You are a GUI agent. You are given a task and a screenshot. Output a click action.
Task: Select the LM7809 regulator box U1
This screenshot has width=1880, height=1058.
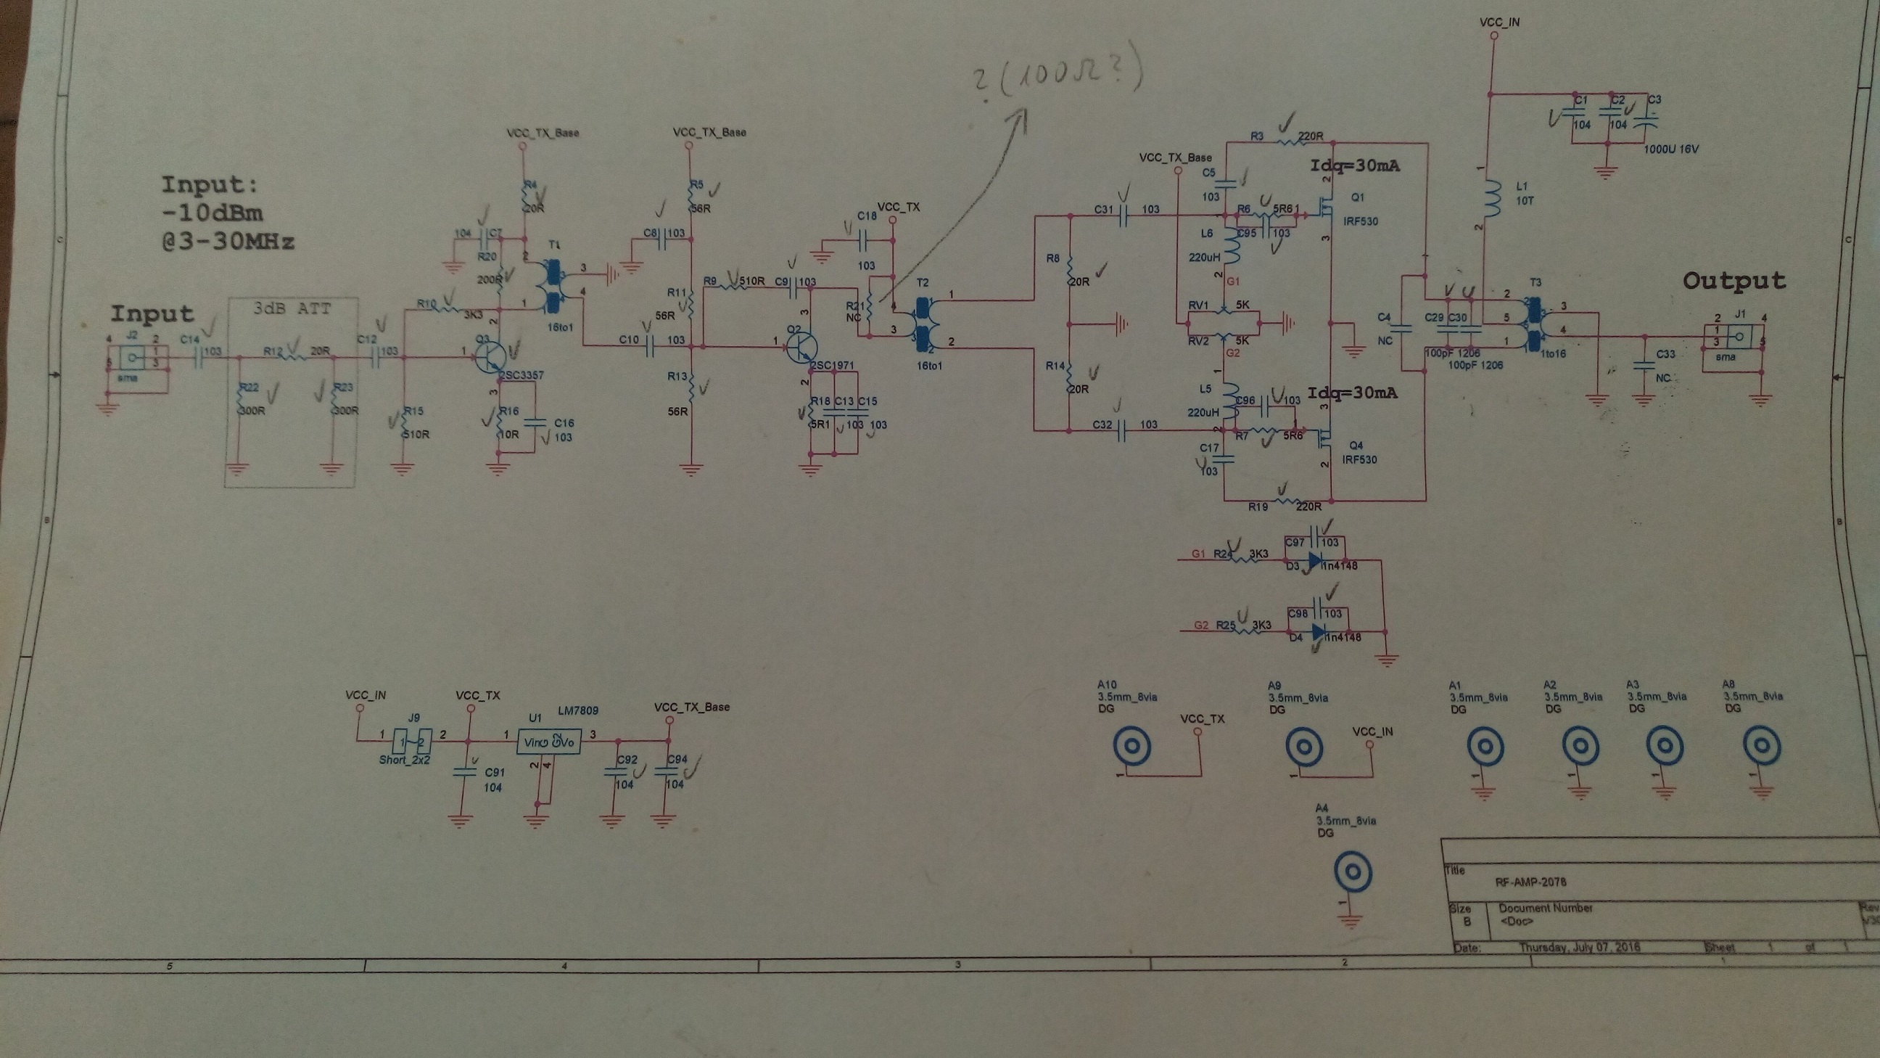click(549, 742)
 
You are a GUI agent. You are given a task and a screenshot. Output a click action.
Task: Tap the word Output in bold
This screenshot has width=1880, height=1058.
click(1734, 281)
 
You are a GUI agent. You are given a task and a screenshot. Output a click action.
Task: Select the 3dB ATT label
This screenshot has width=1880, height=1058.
click(292, 309)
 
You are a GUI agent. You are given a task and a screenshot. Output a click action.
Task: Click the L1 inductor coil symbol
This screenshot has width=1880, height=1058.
click(1492, 199)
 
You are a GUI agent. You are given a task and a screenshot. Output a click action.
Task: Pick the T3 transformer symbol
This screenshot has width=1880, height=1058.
click(1534, 322)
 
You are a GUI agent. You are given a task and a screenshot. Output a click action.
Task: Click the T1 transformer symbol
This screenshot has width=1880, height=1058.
click(553, 287)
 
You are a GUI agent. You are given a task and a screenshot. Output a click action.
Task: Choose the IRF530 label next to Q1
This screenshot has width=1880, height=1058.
click(1360, 221)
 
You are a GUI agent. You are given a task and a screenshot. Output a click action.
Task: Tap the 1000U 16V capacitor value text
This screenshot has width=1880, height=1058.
click(1671, 149)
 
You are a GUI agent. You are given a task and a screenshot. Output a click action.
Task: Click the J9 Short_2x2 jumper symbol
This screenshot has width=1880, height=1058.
click(413, 742)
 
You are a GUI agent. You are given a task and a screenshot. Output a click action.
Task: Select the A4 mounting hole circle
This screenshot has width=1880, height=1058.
click(1353, 872)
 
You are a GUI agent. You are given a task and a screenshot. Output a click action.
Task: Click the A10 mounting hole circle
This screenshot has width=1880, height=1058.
click(1132, 746)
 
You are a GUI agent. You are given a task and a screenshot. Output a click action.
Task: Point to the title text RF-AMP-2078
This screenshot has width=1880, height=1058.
click(1530, 882)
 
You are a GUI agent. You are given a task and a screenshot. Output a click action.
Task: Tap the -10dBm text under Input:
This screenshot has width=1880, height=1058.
click(212, 213)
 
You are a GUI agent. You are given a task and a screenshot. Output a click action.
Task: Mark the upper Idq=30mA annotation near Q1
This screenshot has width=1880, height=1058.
click(1355, 165)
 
